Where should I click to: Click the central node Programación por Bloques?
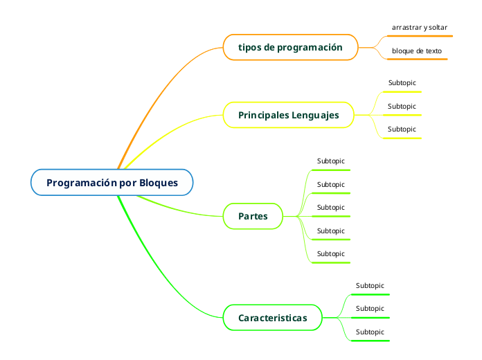tap(111, 183)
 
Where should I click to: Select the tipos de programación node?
tap(290, 48)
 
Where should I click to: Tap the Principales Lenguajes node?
tap(289, 115)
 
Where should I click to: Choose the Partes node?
tap(253, 217)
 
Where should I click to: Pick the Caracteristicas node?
tap(272, 318)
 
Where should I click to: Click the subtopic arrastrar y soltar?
tap(419, 28)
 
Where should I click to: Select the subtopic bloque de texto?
tap(416, 51)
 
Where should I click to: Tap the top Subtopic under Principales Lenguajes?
tap(402, 83)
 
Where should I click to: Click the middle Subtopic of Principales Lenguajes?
tap(402, 107)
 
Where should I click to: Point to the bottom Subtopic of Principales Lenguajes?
tap(402, 129)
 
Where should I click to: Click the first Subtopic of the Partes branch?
tap(330, 161)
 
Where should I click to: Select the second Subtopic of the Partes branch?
tap(330, 185)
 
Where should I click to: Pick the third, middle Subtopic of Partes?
tap(330, 208)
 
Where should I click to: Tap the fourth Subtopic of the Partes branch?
tap(330, 231)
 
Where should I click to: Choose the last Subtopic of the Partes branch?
tap(330, 254)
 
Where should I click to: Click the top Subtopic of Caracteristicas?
tap(370, 286)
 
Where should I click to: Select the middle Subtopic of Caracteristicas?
tap(370, 309)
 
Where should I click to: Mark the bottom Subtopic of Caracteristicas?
tap(370, 332)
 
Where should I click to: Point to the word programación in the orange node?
tap(310, 48)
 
